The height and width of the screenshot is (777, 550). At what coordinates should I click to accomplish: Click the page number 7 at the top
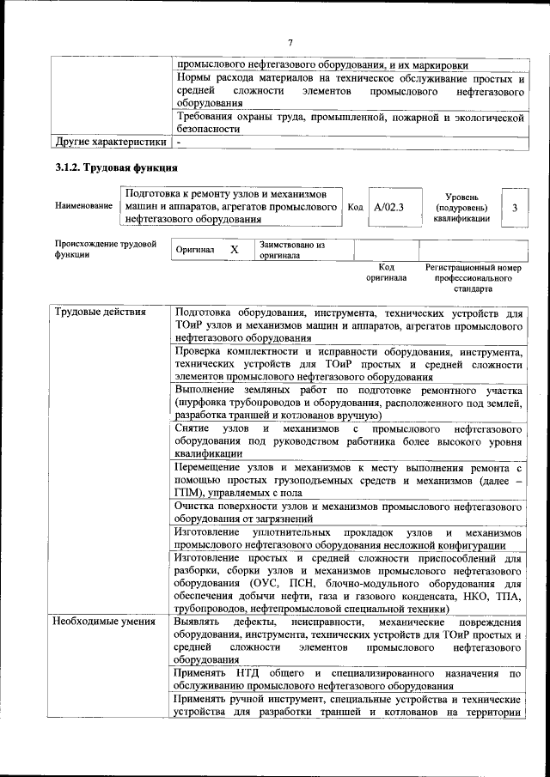[x=290, y=43]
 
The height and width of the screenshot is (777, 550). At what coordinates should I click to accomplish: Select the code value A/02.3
[x=389, y=208]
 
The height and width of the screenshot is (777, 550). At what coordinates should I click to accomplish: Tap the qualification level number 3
[x=514, y=208]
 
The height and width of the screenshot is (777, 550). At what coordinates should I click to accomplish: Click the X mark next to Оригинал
[x=234, y=250]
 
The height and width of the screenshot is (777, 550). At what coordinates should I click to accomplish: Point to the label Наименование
[x=83, y=207]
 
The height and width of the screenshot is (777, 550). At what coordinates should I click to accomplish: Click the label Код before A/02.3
[x=356, y=208]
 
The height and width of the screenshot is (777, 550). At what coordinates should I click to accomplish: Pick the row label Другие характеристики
[x=110, y=141]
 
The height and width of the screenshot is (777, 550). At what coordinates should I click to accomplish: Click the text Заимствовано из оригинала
[x=292, y=250]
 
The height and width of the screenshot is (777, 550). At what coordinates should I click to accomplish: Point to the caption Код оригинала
[x=386, y=273]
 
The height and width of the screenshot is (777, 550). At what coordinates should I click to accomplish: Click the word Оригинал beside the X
[x=195, y=250]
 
